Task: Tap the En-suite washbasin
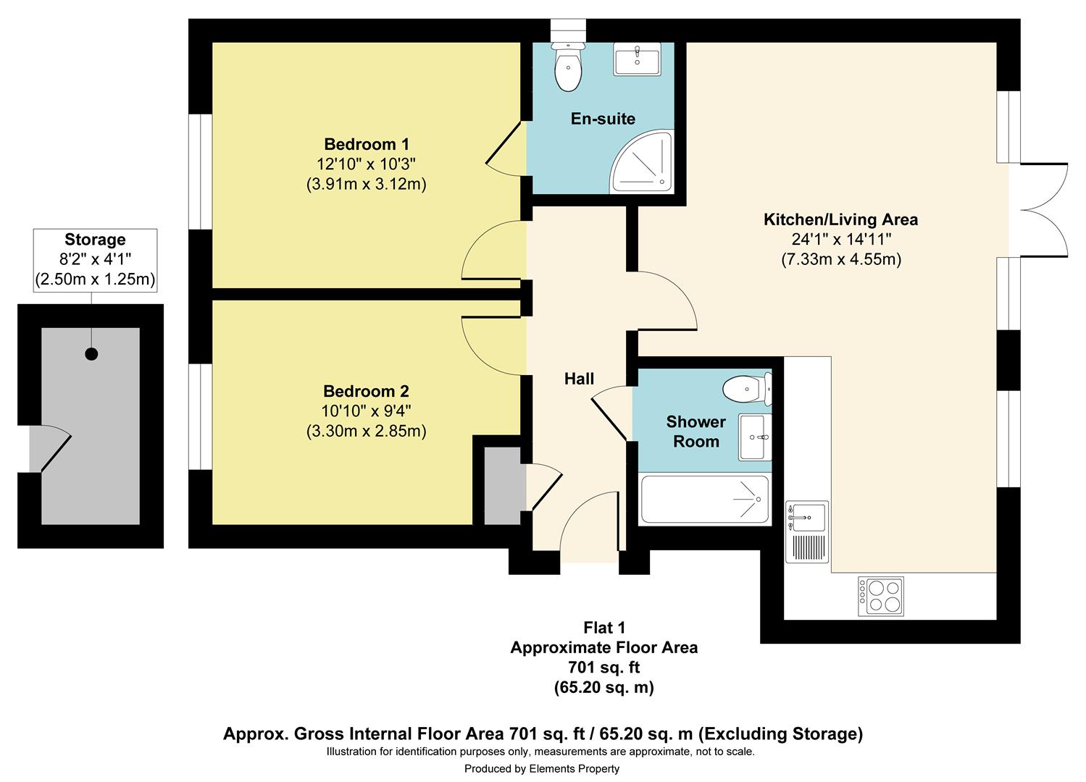point(637,59)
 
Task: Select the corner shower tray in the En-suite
point(642,161)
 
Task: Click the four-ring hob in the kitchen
point(880,596)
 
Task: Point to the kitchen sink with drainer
point(807,531)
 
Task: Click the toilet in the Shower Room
point(747,389)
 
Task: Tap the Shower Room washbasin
point(755,437)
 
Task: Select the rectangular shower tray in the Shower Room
point(704,499)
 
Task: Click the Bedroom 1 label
point(367,144)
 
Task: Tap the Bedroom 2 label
point(366,391)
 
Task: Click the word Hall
point(579,379)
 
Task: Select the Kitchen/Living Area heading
point(840,219)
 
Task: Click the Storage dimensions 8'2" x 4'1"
point(95,259)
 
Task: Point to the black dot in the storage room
point(91,353)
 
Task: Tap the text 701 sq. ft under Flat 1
point(604,667)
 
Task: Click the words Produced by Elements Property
point(541,768)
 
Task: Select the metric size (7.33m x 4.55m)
point(841,259)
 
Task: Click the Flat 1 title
point(604,628)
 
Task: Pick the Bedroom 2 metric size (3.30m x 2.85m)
point(366,431)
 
